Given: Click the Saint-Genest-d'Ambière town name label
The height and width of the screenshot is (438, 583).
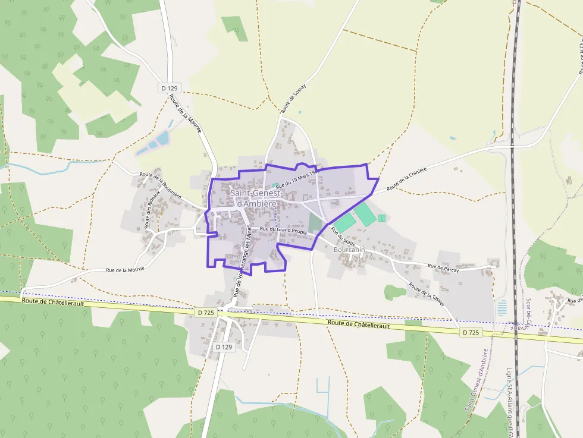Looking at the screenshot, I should (x=253, y=198).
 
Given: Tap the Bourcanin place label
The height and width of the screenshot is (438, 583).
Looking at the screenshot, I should (x=349, y=250).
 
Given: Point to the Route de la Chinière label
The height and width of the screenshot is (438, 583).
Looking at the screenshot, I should (x=407, y=179).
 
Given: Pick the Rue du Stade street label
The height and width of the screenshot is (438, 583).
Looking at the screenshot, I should (x=343, y=237).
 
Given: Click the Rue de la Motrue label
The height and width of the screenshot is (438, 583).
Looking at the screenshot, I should (x=125, y=269).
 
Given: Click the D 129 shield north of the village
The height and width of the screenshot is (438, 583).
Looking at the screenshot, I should (x=169, y=88).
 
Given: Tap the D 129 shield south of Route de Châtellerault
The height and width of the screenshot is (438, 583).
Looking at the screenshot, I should (x=224, y=346).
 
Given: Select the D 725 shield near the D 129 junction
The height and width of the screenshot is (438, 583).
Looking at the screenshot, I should (x=205, y=312).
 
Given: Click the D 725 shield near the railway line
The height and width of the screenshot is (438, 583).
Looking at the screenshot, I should (x=471, y=333).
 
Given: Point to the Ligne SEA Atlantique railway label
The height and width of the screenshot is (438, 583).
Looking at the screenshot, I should (x=509, y=401).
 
